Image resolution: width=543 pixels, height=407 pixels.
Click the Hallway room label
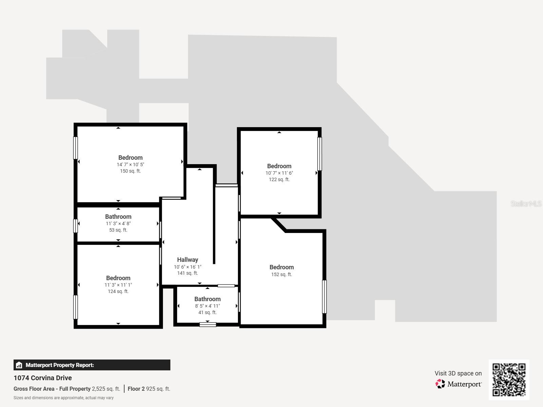(x=187, y=260)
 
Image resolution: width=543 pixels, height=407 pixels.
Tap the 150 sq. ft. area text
(x=130, y=171)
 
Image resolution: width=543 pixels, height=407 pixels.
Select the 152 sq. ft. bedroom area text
(x=281, y=274)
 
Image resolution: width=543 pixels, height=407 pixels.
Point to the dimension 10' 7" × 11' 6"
(x=279, y=173)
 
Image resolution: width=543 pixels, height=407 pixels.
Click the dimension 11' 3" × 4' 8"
(x=118, y=224)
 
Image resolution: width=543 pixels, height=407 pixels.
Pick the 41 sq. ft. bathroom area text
(x=207, y=312)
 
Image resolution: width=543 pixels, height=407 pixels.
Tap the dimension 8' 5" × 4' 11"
(x=207, y=306)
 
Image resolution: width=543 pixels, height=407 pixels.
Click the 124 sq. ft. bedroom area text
(x=118, y=291)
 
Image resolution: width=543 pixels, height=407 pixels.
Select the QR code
(x=509, y=380)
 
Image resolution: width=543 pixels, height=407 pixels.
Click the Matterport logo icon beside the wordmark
(x=440, y=384)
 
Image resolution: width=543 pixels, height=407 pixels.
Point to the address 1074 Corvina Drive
(x=43, y=378)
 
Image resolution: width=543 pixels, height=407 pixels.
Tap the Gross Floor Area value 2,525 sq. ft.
(x=106, y=389)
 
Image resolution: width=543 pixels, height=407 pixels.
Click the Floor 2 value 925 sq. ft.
(x=158, y=389)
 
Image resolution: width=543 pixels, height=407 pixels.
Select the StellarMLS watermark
(x=526, y=204)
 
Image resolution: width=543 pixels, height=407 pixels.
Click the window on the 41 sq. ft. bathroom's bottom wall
(x=208, y=325)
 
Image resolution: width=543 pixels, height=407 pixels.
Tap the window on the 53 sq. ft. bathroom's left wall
(x=76, y=226)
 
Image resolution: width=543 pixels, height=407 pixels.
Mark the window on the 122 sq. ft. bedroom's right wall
(x=319, y=154)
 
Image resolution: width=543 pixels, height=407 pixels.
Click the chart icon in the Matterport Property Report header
(x=19, y=365)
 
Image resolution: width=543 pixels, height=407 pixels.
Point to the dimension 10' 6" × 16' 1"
(x=187, y=267)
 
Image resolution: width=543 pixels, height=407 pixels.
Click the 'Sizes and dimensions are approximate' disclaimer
(x=63, y=398)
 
